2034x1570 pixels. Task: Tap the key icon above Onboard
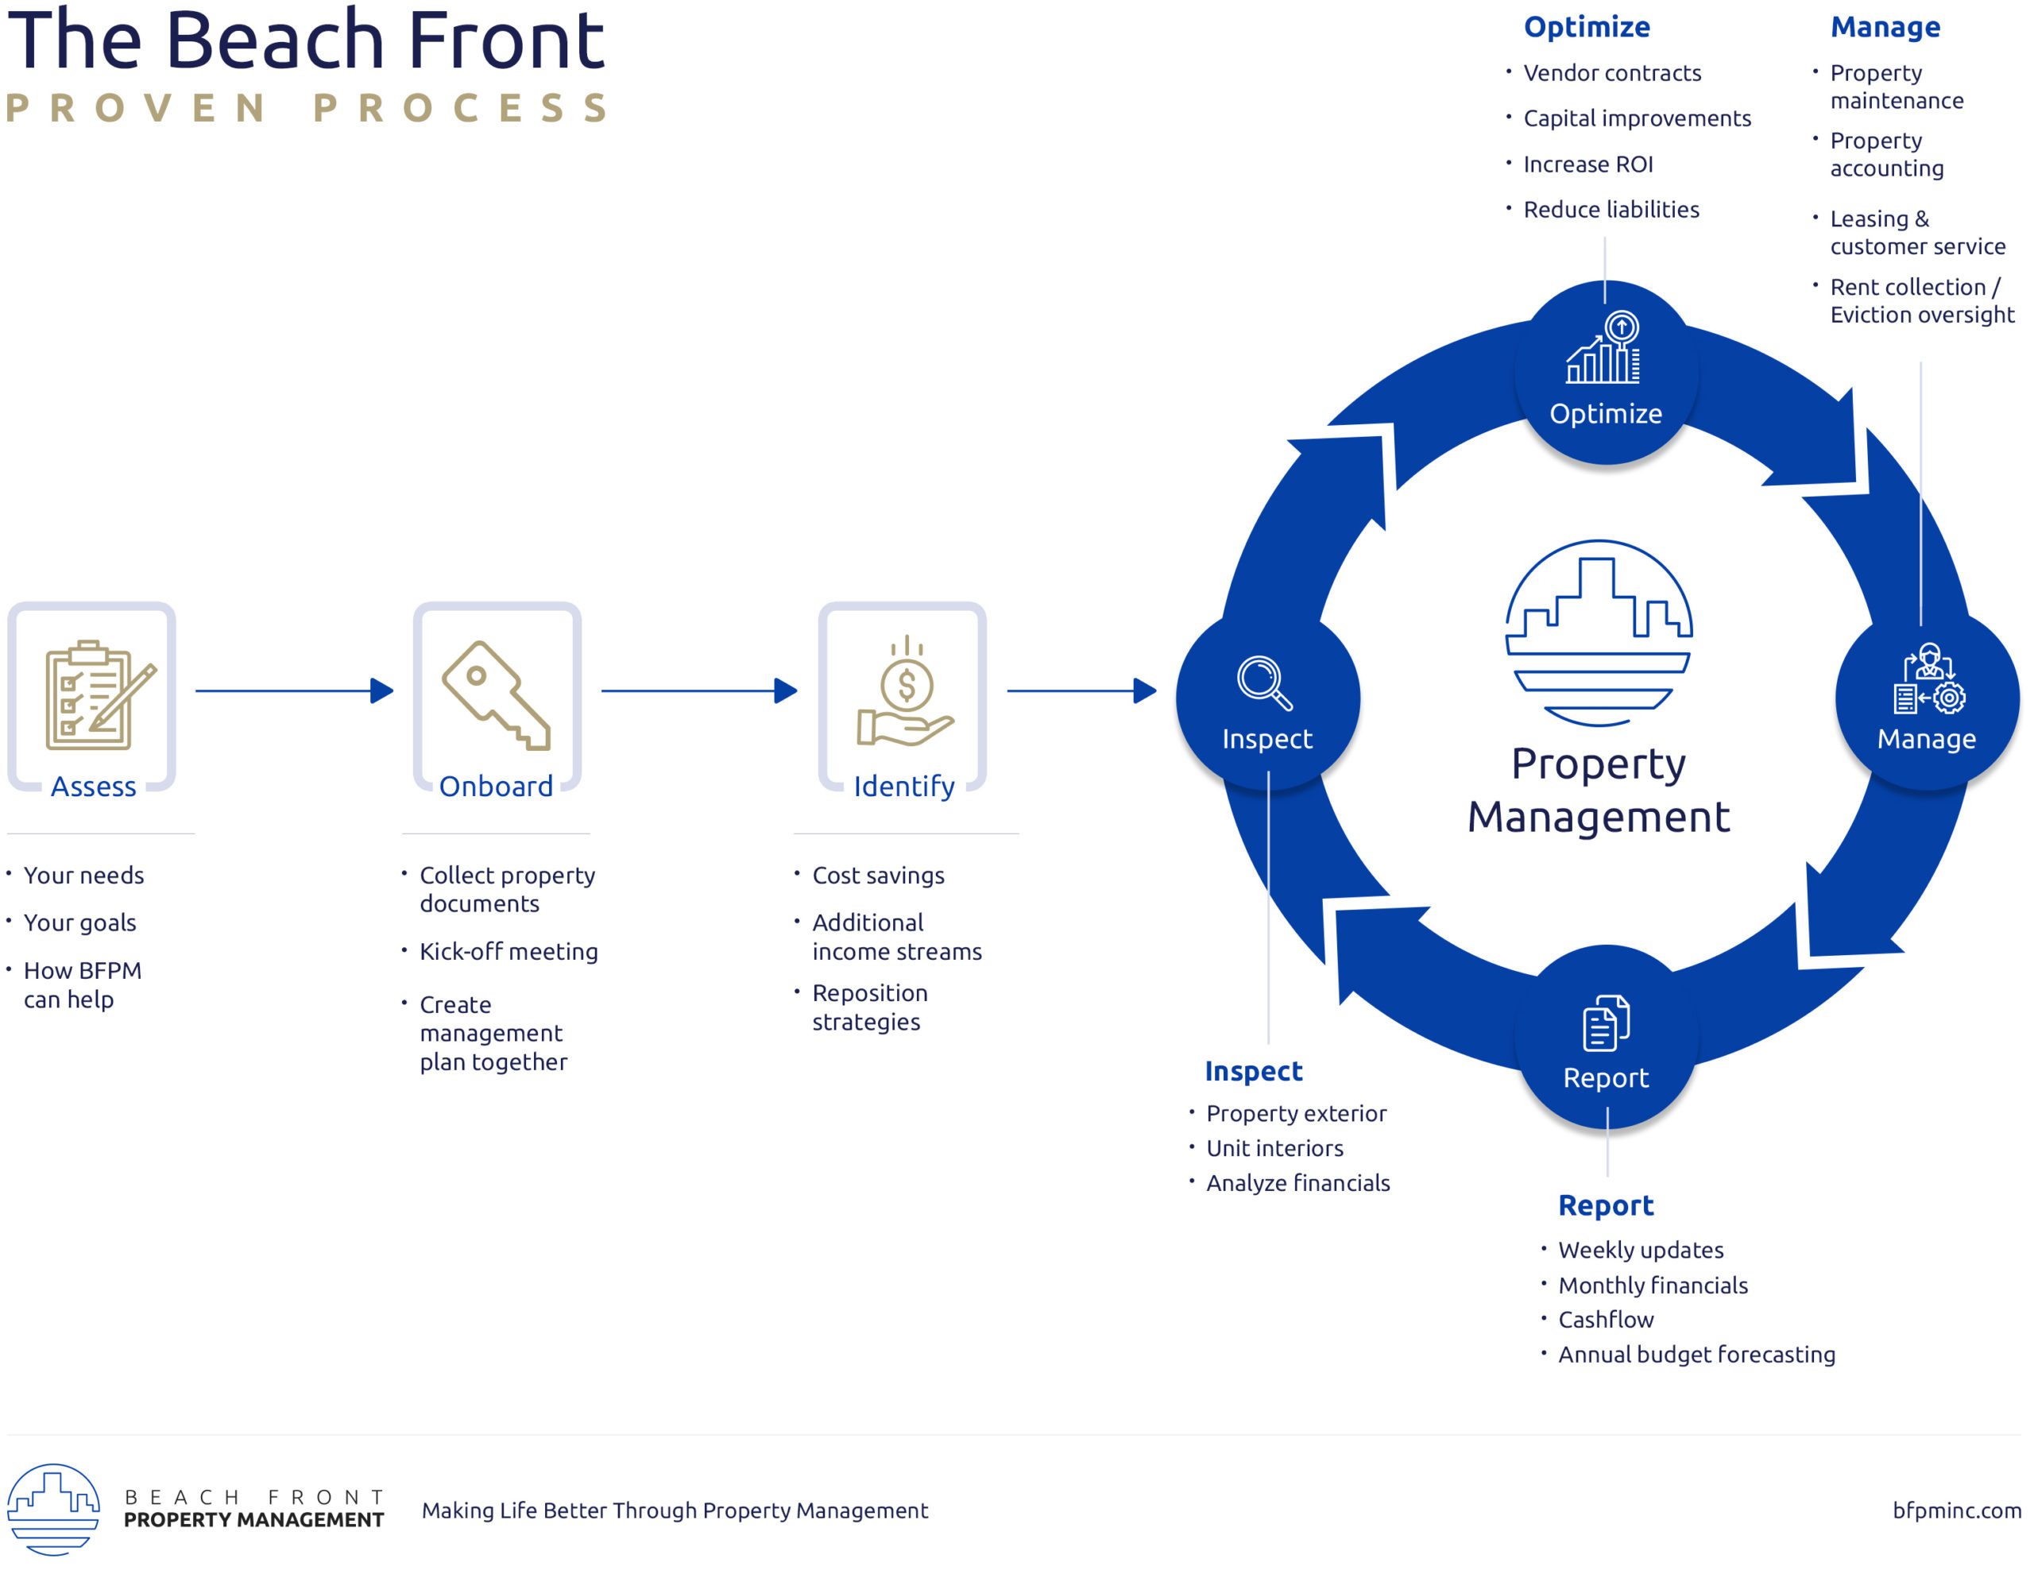coord(497,694)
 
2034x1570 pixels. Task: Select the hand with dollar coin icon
coord(904,693)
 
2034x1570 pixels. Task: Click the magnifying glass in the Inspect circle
coord(1264,683)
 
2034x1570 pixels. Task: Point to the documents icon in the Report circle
coord(1606,1023)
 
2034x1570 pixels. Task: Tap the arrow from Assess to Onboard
coord(294,691)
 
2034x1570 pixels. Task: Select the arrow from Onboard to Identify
coord(699,691)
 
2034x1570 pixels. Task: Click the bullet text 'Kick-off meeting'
coord(508,952)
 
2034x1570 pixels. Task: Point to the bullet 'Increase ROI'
coord(1588,164)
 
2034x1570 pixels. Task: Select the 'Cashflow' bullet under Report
coord(1606,1320)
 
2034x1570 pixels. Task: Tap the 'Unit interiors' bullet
coord(1274,1148)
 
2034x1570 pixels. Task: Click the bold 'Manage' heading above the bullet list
coord(1885,27)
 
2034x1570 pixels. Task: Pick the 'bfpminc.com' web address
coord(1956,1510)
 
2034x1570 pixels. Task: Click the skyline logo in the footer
coord(53,1509)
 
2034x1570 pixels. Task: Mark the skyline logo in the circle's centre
coord(1598,632)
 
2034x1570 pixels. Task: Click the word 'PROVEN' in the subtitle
coord(136,108)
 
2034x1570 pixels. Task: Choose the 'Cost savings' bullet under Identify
coord(877,876)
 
